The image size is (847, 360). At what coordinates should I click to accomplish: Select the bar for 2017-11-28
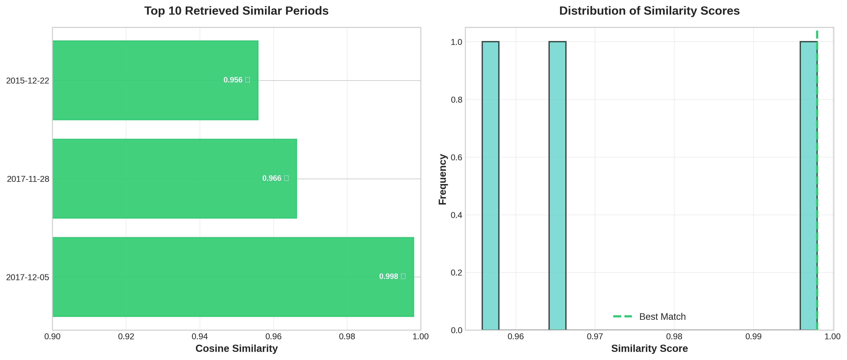click(x=175, y=179)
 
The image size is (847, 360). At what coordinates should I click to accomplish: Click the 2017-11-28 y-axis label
click(x=28, y=179)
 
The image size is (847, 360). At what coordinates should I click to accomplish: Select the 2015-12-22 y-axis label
click(x=28, y=80)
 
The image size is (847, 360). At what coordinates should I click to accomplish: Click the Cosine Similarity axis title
click(x=236, y=348)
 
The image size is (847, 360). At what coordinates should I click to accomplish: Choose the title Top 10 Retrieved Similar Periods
click(x=236, y=11)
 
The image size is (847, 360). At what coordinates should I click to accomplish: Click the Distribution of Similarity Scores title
click(x=649, y=11)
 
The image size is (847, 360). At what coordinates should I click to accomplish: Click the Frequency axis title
click(x=443, y=179)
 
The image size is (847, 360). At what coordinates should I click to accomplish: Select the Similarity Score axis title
click(x=649, y=348)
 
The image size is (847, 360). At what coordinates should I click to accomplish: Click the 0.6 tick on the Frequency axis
click(x=456, y=157)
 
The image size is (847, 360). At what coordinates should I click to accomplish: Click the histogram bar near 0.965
click(x=557, y=186)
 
